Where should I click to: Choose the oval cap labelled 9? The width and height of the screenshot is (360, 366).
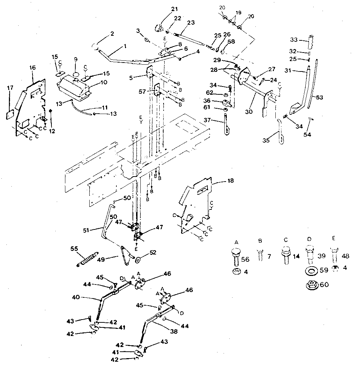tap(76, 75)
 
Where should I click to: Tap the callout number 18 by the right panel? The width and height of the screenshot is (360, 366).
tap(231, 181)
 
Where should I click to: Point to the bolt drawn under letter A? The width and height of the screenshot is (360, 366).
tap(236, 256)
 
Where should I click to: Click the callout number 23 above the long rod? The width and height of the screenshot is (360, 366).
tap(191, 22)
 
